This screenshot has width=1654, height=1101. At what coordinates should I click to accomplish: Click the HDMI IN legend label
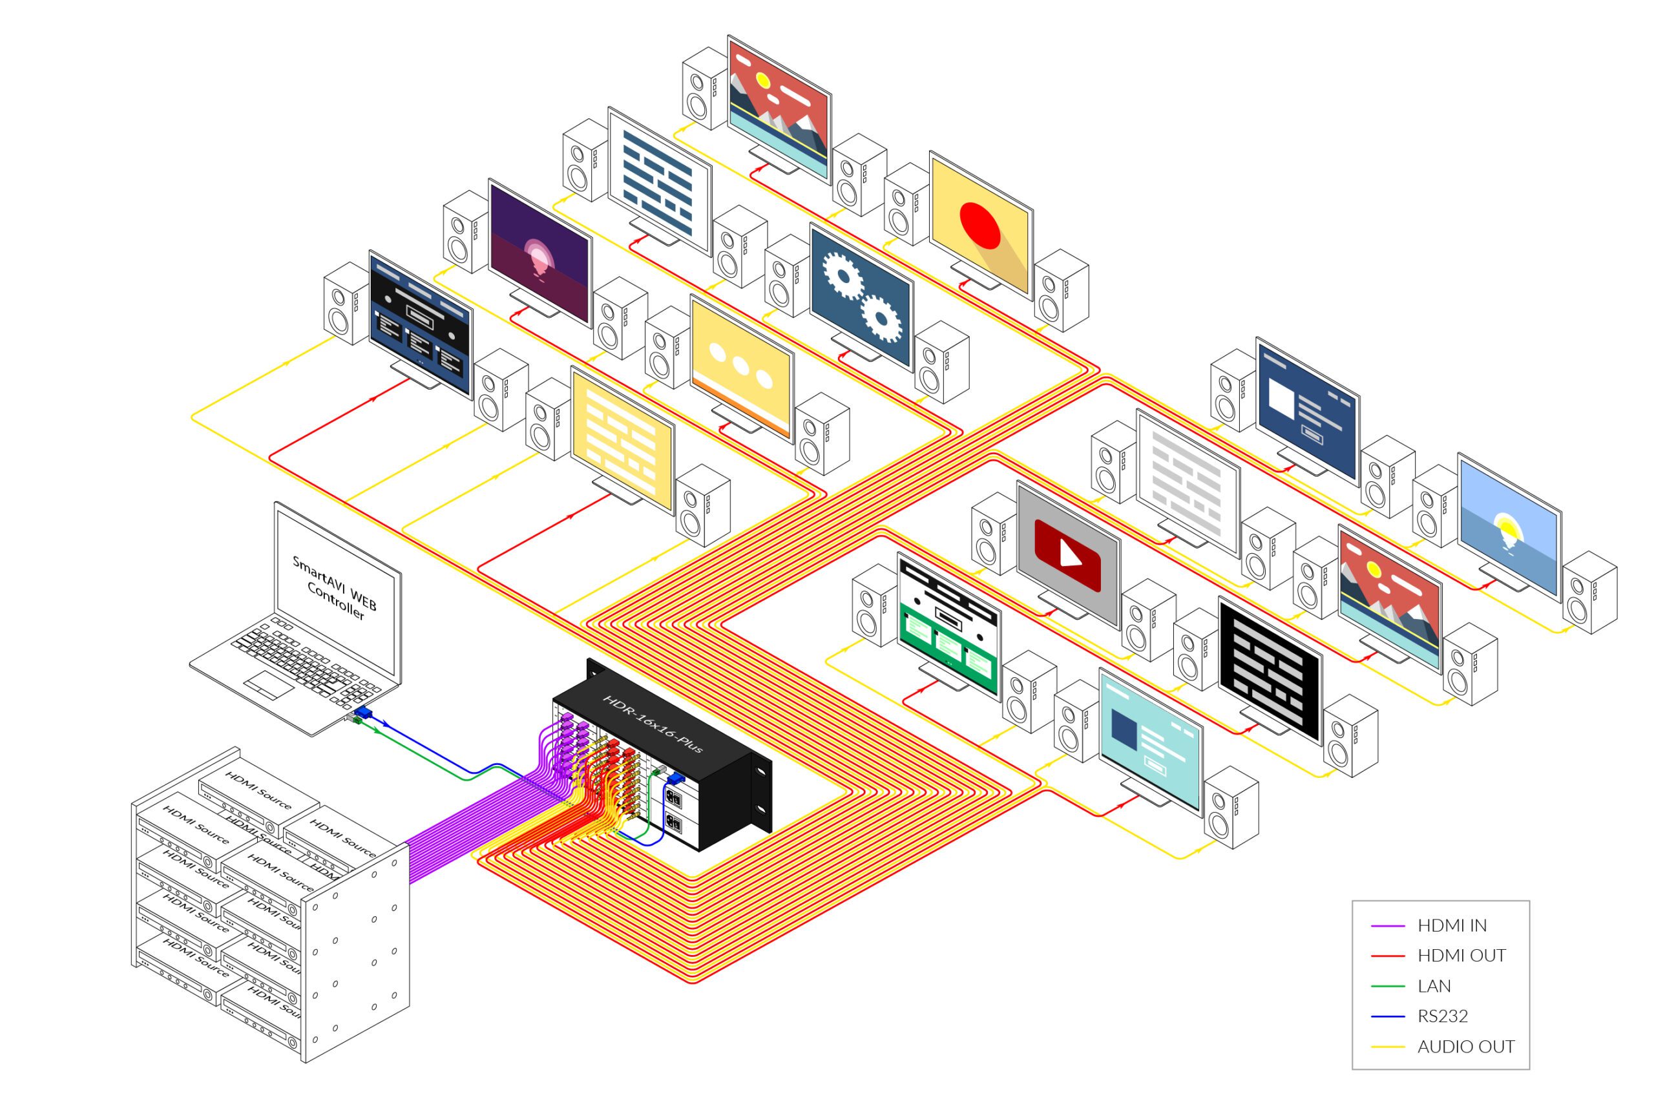tap(1451, 925)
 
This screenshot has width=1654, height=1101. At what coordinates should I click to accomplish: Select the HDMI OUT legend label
tap(1461, 956)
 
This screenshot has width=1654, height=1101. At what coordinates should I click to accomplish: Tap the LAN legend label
tap(1434, 986)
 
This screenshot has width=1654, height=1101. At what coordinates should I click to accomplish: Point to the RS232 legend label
tap(1442, 1016)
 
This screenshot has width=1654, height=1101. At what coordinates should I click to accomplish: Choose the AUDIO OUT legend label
tap(1465, 1046)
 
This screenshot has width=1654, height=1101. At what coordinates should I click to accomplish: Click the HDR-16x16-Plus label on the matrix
tap(653, 724)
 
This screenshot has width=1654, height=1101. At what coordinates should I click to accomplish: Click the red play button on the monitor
tap(1067, 556)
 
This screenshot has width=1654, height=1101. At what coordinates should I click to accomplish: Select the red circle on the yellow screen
tap(979, 225)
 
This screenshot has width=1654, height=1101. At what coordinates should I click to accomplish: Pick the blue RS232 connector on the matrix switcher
tap(676, 778)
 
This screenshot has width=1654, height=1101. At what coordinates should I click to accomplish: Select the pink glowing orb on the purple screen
tap(539, 257)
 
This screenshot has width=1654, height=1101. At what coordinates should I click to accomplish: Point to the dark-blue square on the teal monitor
tap(1124, 730)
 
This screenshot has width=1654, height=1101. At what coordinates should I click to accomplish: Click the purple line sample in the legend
tap(1387, 926)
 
